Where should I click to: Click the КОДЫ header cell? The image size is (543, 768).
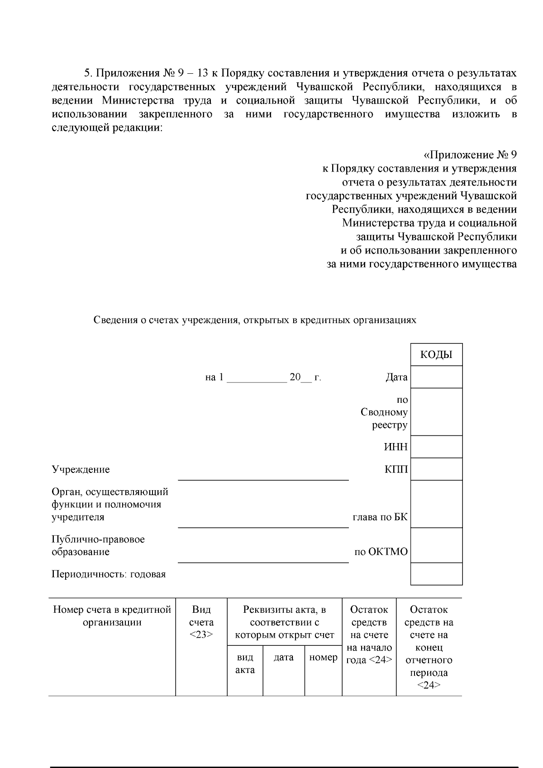pos(436,355)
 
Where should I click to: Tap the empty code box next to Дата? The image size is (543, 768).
pos(436,377)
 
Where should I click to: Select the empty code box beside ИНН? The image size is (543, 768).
pos(436,447)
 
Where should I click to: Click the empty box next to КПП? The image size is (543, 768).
pos(436,469)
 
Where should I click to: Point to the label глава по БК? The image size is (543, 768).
pos(380,517)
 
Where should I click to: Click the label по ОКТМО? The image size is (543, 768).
pos(381,552)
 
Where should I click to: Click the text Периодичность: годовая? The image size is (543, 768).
pos(109,574)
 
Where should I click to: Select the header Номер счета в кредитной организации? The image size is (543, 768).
pos(112,616)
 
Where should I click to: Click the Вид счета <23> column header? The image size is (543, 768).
pos(201,622)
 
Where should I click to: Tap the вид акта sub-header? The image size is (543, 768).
pos(245,663)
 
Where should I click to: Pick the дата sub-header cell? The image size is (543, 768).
pos(284,658)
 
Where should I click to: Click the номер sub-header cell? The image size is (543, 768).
pos(323,658)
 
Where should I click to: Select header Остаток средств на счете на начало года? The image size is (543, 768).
pos(369,634)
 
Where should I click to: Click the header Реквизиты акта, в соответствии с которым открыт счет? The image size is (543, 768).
pos(284,622)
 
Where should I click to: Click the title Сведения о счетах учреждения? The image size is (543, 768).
pos(255,320)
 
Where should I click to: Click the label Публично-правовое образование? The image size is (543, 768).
pos(98,545)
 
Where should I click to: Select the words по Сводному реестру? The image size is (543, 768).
pos(385,412)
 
